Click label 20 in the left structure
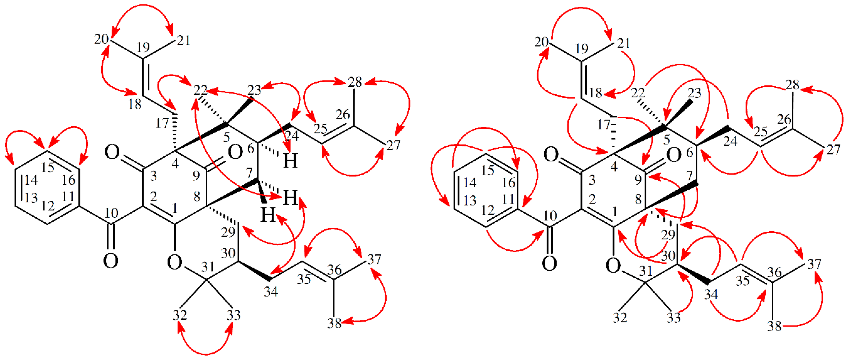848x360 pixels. (101, 39)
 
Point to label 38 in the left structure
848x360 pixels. (334, 323)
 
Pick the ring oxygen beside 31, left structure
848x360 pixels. (174, 263)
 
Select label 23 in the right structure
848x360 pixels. (694, 93)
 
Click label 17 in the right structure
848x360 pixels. (603, 125)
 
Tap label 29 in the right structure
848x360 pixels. (668, 235)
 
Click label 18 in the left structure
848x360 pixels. (135, 104)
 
